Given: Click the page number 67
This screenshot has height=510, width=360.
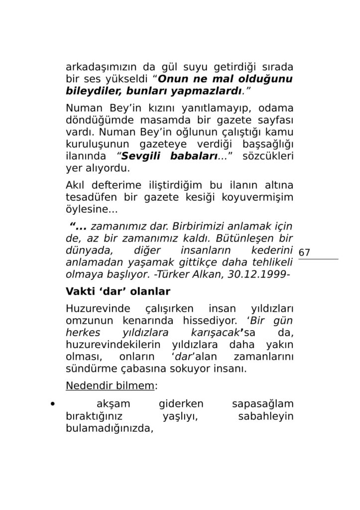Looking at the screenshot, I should [304, 253].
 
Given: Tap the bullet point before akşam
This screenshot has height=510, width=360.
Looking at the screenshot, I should [53, 404].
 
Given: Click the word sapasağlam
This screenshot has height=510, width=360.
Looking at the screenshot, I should [262, 404].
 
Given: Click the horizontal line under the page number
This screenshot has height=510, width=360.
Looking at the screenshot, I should [318, 259].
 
